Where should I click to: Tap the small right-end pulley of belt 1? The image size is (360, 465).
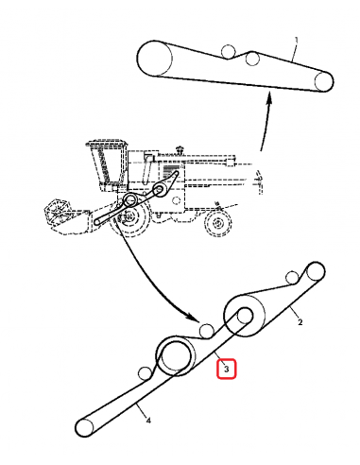pos(324,82)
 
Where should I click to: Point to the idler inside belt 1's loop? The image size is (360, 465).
pos(252,59)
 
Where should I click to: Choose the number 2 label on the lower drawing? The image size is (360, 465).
pos(300,322)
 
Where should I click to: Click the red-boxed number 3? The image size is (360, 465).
pos(226,368)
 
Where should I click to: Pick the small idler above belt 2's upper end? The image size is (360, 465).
pos(292,278)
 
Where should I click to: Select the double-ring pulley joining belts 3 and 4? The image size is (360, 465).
pos(177,355)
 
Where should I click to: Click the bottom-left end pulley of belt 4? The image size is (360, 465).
pos(86,429)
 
